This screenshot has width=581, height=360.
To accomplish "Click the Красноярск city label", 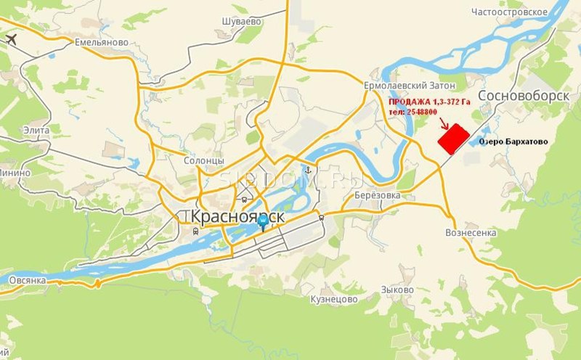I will (232, 217).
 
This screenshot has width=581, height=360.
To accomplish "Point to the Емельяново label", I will (102, 43).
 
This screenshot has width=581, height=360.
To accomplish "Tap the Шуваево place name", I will (242, 22).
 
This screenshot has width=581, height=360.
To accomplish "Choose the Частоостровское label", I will (508, 12).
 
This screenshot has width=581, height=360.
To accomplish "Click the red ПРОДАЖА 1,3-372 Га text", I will (430, 103).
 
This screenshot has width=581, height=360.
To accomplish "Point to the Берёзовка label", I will (378, 195).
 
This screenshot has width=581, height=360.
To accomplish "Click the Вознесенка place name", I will (471, 233).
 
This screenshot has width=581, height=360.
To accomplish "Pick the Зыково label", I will (397, 290).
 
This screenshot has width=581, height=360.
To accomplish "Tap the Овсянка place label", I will (28, 279).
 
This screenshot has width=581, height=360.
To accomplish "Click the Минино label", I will (15, 173).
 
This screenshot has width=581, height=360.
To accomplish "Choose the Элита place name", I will (36, 130).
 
